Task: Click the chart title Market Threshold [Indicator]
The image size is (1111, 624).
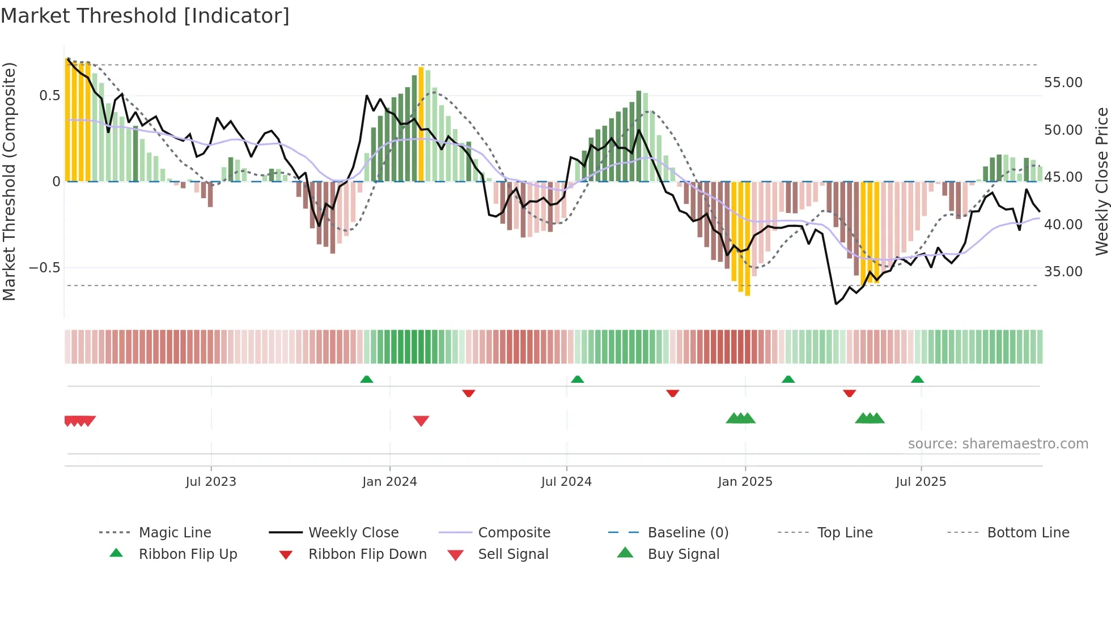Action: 145,16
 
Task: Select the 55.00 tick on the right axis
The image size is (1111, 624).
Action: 1063,83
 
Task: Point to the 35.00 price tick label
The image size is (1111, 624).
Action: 1063,272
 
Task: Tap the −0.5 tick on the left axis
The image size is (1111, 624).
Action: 45,268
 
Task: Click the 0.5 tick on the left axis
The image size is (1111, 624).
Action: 49,96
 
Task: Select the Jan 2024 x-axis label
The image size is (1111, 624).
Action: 389,482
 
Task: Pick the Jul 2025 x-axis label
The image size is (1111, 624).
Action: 921,482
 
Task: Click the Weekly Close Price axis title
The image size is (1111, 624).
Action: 1101,181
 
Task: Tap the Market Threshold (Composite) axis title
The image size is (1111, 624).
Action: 9,181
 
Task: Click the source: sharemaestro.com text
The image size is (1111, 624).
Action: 998,444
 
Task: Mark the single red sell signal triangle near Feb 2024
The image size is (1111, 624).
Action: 421,421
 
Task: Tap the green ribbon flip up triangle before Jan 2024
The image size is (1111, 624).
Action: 367,379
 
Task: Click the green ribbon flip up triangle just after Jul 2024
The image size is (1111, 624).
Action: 577,379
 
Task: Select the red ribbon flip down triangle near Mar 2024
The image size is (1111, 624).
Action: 468,393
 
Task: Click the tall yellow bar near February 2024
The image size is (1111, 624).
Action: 421,125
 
